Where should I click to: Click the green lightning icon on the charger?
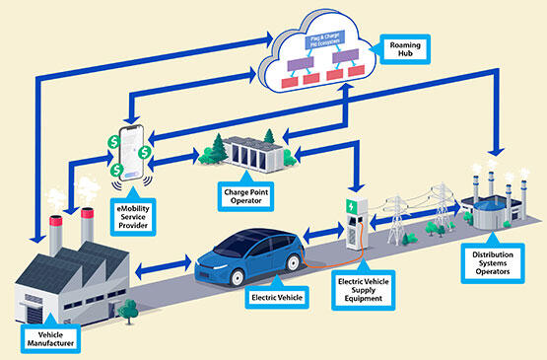click(351, 207)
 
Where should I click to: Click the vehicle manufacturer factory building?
click(59, 276)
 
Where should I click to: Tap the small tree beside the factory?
click(125, 313)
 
